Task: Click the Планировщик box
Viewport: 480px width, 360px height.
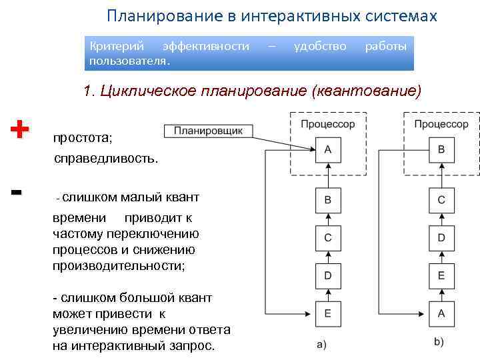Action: point(207,131)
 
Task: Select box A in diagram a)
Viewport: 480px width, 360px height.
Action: point(327,150)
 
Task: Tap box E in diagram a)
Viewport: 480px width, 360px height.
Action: point(327,312)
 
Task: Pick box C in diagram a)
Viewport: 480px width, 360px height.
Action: point(327,237)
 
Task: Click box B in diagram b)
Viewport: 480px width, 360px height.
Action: point(441,150)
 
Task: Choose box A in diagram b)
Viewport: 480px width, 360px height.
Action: point(441,312)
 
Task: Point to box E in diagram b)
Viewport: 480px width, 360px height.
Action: point(441,275)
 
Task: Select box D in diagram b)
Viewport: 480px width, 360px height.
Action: point(441,237)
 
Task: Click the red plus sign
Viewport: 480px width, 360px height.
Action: point(21,128)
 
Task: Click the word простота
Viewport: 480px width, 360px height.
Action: point(83,139)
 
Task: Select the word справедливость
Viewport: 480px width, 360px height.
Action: point(107,159)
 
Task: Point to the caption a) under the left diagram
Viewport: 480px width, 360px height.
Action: point(321,344)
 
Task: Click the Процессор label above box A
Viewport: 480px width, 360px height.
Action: point(327,124)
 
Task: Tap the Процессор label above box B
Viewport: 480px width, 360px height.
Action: point(441,124)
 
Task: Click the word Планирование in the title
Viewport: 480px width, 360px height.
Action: point(156,15)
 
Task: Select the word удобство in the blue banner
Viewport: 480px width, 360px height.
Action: point(320,46)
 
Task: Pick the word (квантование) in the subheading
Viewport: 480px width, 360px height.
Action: point(366,91)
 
